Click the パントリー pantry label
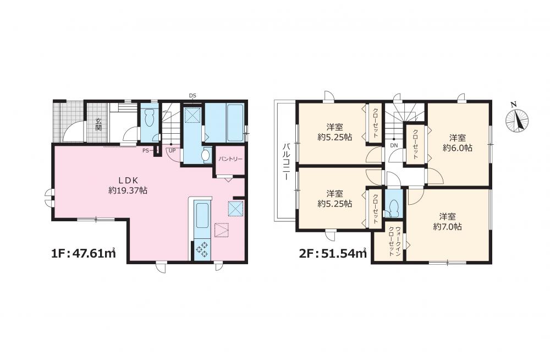pyautogui.click(x=230, y=159)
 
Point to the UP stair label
pyautogui.click(x=172, y=150)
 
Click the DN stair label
pyautogui.click(x=394, y=145)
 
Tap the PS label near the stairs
pyautogui.click(x=146, y=150)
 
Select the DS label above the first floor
pyautogui.click(x=193, y=96)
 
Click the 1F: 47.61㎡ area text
pyautogui.click(x=84, y=253)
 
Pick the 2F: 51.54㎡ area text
pyautogui.click(x=333, y=253)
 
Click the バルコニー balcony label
pyautogui.click(x=286, y=162)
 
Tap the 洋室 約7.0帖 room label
pyautogui.click(x=447, y=221)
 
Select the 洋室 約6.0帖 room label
pyautogui.click(x=458, y=143)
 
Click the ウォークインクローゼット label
pyautogui.click(x=394, y=241)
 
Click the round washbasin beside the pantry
pyautogui.click(x=206, y=155)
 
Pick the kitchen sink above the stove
pyautogui.click(x=202, y=215)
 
